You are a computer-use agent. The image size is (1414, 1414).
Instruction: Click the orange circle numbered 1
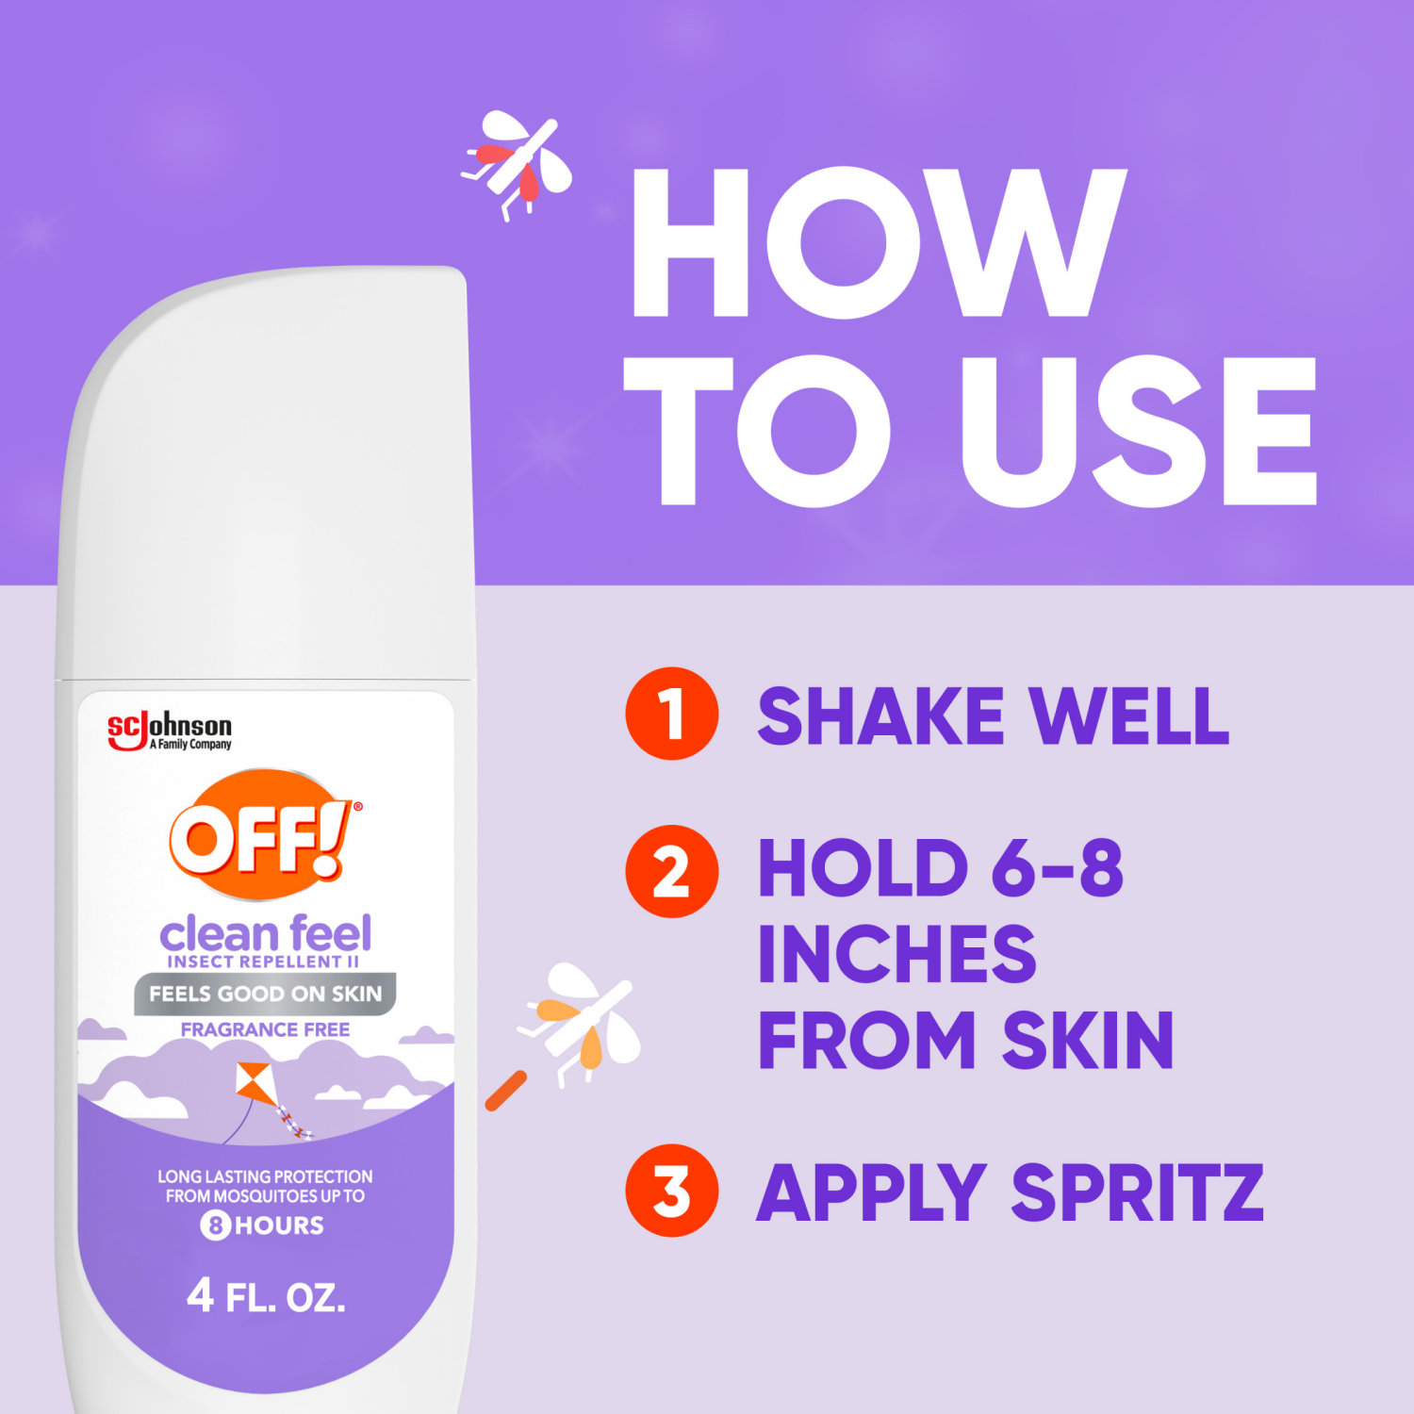[671, 714]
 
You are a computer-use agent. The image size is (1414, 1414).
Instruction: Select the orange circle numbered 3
[671, 1191]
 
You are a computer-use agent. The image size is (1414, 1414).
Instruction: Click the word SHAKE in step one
[880, 716]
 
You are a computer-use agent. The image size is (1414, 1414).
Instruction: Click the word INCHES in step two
[896, 954]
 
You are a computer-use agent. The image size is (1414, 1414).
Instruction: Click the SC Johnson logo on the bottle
[170, 731]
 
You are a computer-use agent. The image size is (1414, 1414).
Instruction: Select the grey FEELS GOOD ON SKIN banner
[265, 994]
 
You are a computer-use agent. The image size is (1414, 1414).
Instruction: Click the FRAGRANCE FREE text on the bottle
[265, 1029]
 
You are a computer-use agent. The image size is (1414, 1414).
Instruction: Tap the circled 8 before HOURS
[215, 1225]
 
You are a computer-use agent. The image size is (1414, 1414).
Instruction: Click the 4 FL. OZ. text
[266, 1296]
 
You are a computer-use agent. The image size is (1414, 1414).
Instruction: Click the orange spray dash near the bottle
[506, 1091]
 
